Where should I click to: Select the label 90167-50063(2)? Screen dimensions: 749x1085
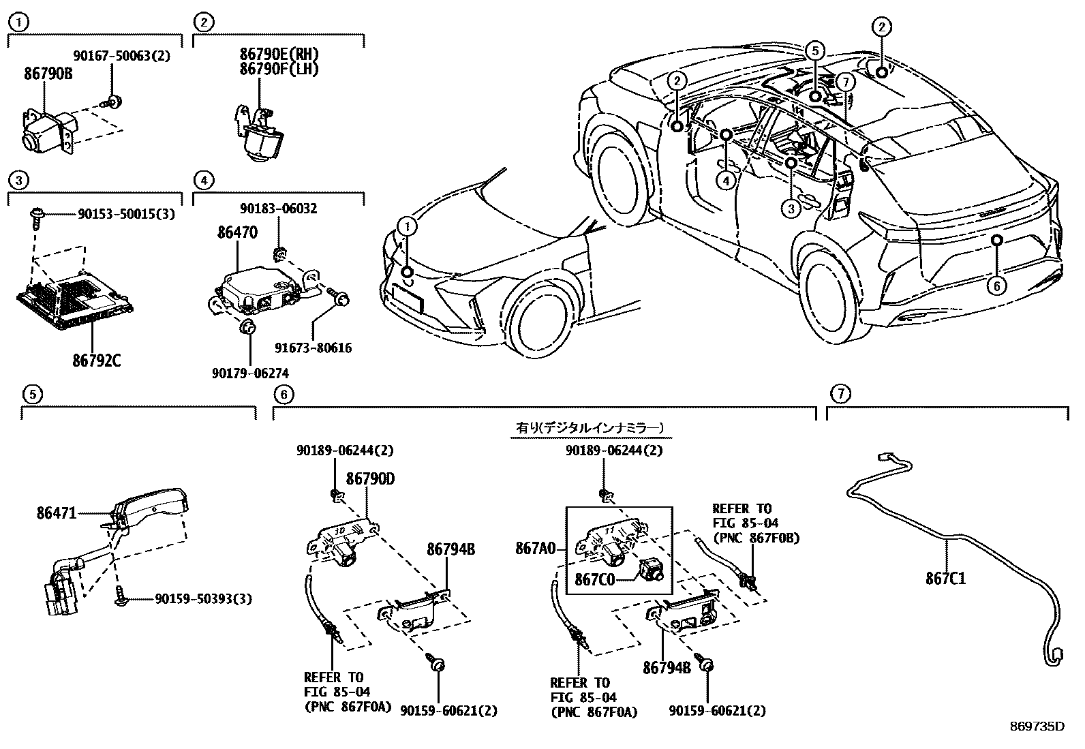coord(121,56)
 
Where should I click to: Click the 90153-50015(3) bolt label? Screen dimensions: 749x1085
coord(127,214)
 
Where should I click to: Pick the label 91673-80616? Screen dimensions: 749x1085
coord(314,348)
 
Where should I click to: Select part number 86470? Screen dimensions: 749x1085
coord(237,233)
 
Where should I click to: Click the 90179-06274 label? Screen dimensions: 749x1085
coord(250,373)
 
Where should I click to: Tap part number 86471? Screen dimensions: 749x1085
coord(57,513)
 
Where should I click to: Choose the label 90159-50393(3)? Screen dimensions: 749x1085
coord(203,599)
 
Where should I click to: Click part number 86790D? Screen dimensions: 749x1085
coord(370,479)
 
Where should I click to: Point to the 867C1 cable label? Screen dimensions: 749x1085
coord(945,579)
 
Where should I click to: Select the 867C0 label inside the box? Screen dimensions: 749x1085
coord(594,580)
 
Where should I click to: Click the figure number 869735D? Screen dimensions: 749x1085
coord(1037,727)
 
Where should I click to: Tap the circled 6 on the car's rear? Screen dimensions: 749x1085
coord(996,286)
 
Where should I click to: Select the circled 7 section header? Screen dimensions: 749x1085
coord(841,393)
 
